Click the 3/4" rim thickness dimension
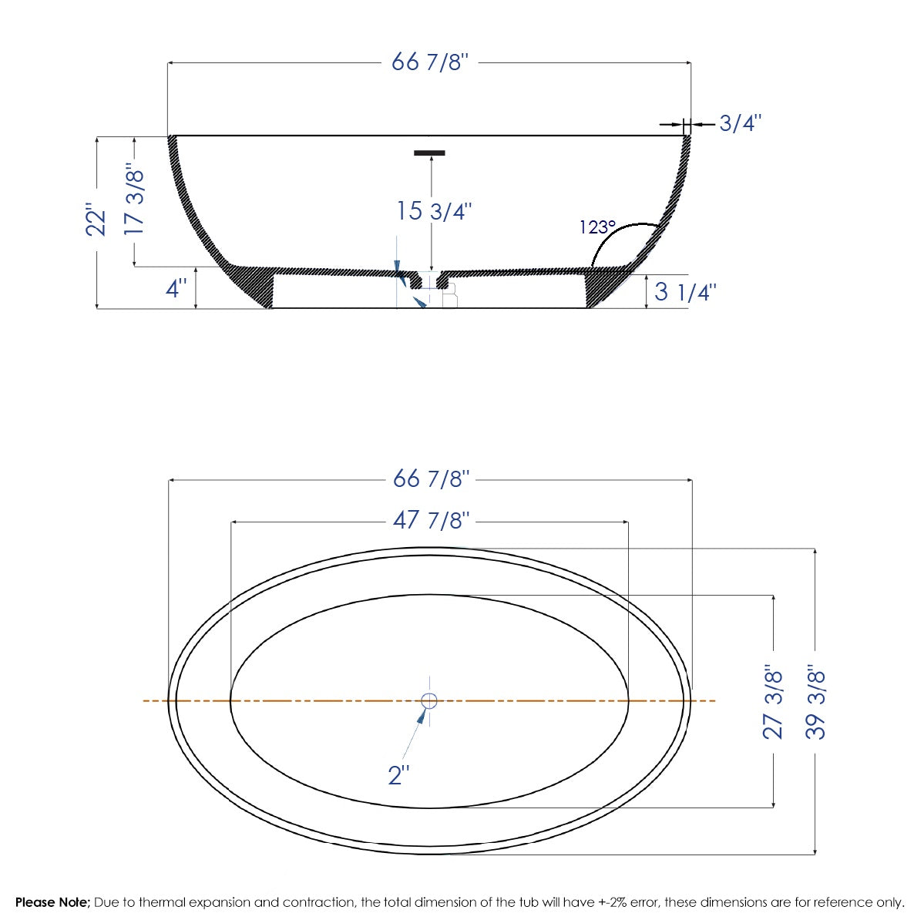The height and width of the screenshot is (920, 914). pyautogui.click(x=740, y=123)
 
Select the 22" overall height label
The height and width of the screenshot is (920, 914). pyautogui.click(x=96, y=220)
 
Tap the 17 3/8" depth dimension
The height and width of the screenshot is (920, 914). pyautogui.click(x=134, y=200)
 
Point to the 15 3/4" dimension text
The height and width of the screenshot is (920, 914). pyautogui.click(x=434, y=211)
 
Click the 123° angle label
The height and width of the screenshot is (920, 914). pyautogui.click(x=597, y=227)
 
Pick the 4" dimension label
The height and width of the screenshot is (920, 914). pyautogui.click(x=176, y=289)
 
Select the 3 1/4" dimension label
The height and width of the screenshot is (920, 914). pyautogui.click(x=685, y=292)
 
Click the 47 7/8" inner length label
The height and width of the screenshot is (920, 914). pyautogui.click(x=430, y=521)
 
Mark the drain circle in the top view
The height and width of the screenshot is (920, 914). pyautogui.click(x=429, y=700)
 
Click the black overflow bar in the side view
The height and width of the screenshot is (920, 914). pyautogui.click(x=429, y=153)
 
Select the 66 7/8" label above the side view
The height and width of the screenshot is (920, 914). pyautogui.click(x=429, y=62)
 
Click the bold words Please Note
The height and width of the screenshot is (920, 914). pyautogui.click(x=52, y=902)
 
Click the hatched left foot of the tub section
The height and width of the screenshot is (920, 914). pyautogui.click(x=258, y=287)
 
